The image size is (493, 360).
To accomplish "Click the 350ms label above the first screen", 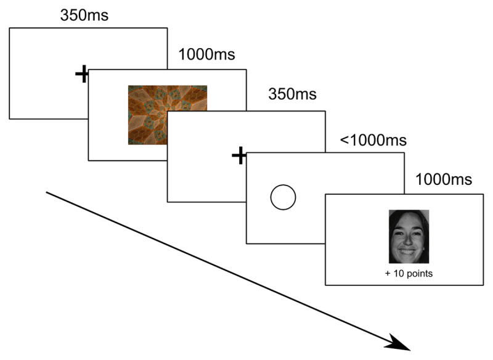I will click(84, 15).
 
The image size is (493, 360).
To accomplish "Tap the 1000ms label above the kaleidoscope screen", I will click(206, 55).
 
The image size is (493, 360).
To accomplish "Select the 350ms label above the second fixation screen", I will click(292, 95).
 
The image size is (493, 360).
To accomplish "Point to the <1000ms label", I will click(373, 140).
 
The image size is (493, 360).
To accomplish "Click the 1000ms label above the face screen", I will click(444, 180).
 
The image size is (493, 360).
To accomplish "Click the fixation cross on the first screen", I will click(82, 75).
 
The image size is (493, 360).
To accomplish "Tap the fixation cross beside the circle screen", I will click(238, 156).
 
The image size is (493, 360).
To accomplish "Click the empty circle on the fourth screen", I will click(283, 197).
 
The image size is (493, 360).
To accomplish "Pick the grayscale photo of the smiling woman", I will click(409, 236).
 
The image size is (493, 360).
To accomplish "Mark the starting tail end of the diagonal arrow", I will click(47, 193).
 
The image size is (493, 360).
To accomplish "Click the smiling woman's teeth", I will click(408, 252).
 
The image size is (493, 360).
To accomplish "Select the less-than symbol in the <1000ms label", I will click(344, 141).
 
